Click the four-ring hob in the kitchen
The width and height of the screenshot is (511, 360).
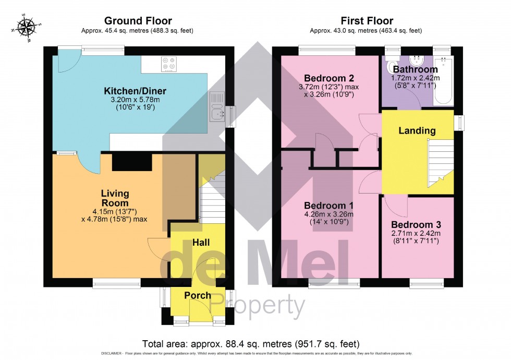coord(169,64)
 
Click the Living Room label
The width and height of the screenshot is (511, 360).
coord(114,198)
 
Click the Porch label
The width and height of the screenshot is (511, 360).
coord(198,295)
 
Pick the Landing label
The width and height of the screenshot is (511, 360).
coord(417,130)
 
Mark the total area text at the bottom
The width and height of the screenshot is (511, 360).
coord(251,344)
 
